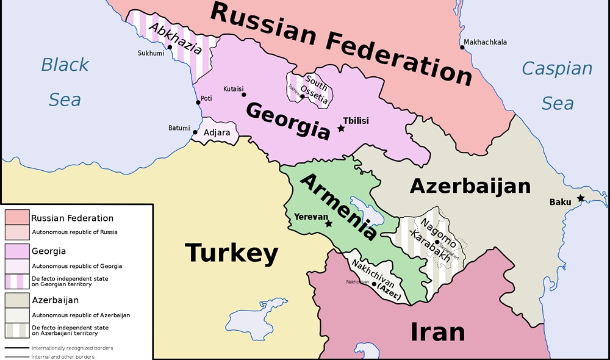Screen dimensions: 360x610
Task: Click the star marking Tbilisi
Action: pos(341,128)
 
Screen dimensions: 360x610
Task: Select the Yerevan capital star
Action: pos(329,224)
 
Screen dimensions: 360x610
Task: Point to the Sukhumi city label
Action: pos(150,53)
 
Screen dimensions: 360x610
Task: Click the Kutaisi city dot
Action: pos(244,94)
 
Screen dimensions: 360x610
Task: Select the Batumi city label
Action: pos(179,128)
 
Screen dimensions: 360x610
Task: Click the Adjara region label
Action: pos(217,132)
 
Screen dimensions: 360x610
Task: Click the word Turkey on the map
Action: pos(231,252)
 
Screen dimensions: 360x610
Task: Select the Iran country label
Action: pos(437,331)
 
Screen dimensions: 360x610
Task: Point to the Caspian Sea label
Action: pos(556,85)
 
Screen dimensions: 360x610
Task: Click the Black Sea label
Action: pos(65,81)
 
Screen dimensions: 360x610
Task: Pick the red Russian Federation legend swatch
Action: pos(17,218)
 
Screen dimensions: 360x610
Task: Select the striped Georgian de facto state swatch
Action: pos(17,281)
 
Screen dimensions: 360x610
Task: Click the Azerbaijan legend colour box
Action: pos(17,300)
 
